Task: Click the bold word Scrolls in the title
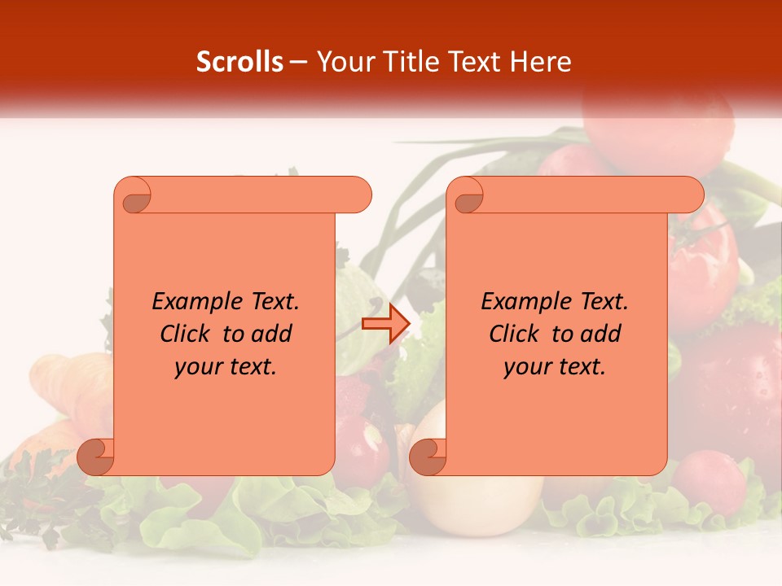(x=239, y=62)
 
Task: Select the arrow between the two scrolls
(x=385, y=325)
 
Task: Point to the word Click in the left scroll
(x=187, y=334)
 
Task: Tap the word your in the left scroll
(x=199, y=367)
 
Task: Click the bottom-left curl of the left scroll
(x=96, y=457)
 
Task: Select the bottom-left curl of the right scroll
(x=428, y=457)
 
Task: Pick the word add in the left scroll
(x=272, y=334)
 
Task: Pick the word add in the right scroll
(x=601, y=334)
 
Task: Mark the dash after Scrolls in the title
(x=298, y=63)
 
